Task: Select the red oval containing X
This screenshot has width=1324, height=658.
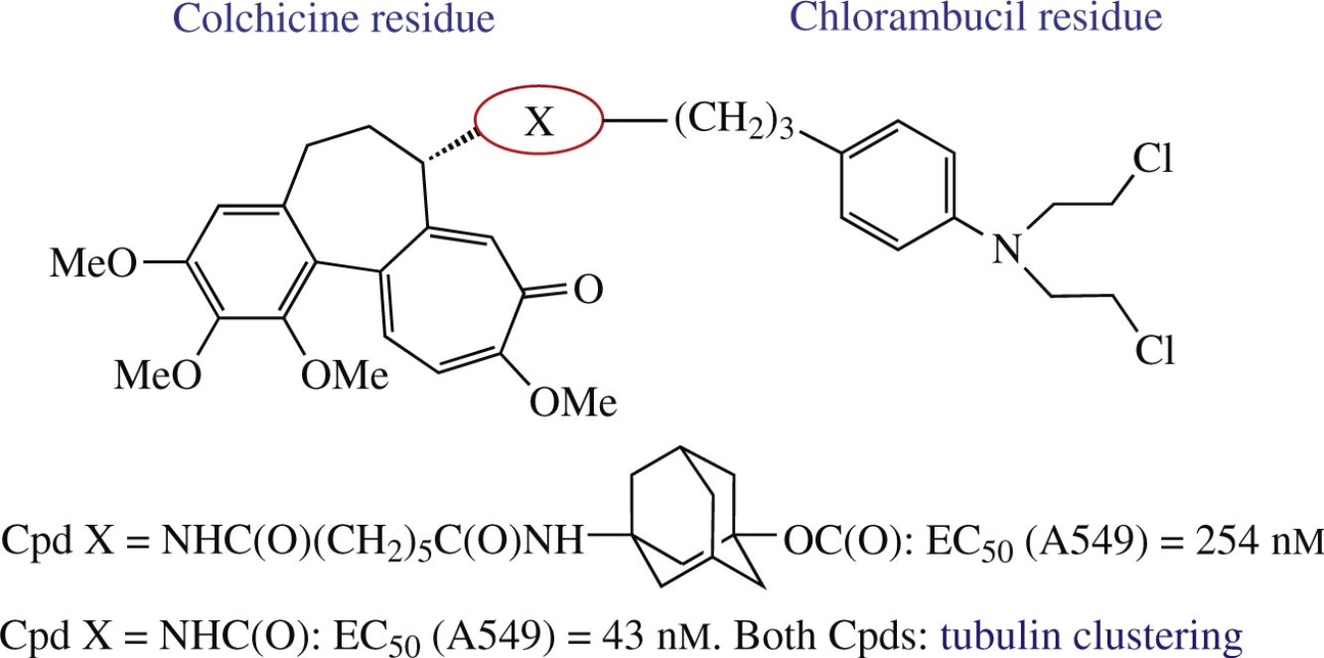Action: click(538, 122)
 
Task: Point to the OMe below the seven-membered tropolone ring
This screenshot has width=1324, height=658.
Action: click(573, 403)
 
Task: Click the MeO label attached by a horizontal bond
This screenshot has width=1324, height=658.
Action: click(95, 265)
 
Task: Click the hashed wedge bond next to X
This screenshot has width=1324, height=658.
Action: click(452, 145)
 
